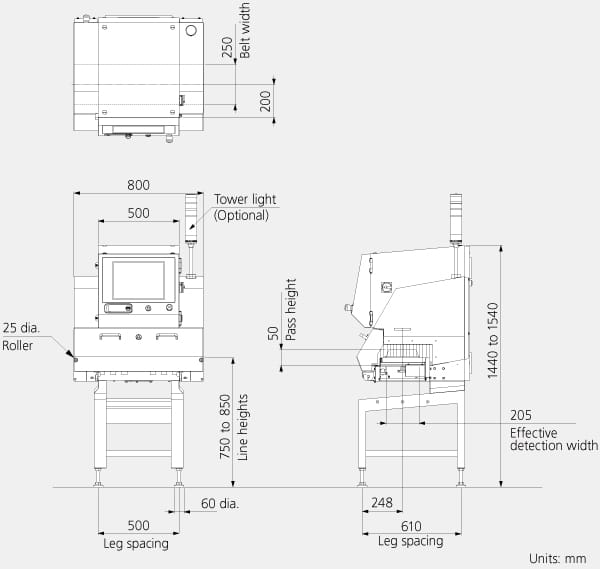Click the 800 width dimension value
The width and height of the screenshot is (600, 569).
pyautogui.click(x=138, y=185)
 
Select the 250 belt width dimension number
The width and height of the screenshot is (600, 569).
pyautogui.click(x=227, y=47)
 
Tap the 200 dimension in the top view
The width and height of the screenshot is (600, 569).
pyautogui.click(x=265, y=101)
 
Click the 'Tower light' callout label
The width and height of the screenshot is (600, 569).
pyautogui.click(x=245, y=199)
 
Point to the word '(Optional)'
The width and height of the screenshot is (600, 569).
pyautogui.click(x=241, y=215)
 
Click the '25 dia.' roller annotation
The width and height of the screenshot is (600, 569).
pyautogui.click(x=21, y=328)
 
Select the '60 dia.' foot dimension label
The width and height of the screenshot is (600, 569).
pyautogui.click(x=220, y=503)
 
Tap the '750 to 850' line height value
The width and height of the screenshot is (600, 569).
pyautogui.click(x=225, y=427)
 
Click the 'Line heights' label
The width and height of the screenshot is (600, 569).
pyautogui.click(x=243, y=427)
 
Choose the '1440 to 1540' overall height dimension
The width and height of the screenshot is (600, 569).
pyautogui.click(x=493, y=341)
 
